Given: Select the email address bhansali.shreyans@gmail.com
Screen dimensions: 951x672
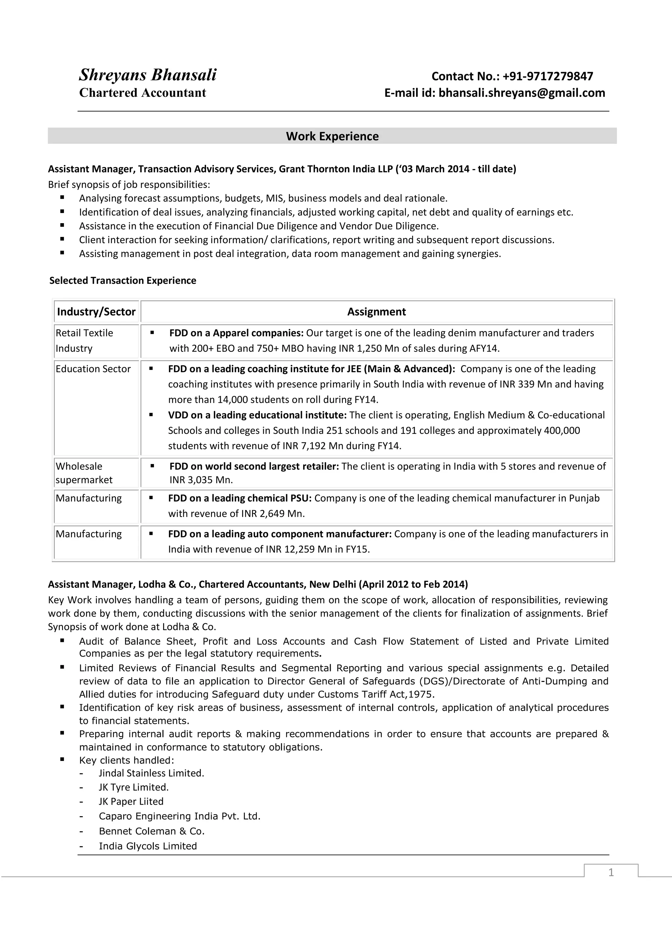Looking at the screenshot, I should [x=522, y=93].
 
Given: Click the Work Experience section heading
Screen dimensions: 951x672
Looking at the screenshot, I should [x=332, y=136].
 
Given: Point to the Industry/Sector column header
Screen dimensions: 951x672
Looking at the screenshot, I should [x=96, y=311].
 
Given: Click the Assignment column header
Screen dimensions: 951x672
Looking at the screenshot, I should [x=376, y=311].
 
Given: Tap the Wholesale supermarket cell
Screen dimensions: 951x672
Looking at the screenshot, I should [x=84, y=473].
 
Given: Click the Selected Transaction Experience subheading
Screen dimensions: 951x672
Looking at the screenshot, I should [x=123, y=281].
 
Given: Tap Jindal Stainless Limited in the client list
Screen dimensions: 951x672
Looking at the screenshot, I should [x=151, y=773].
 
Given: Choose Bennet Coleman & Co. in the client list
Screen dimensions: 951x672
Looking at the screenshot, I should [x=152, y=831].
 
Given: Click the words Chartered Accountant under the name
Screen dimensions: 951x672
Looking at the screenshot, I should [x=142, y=93].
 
